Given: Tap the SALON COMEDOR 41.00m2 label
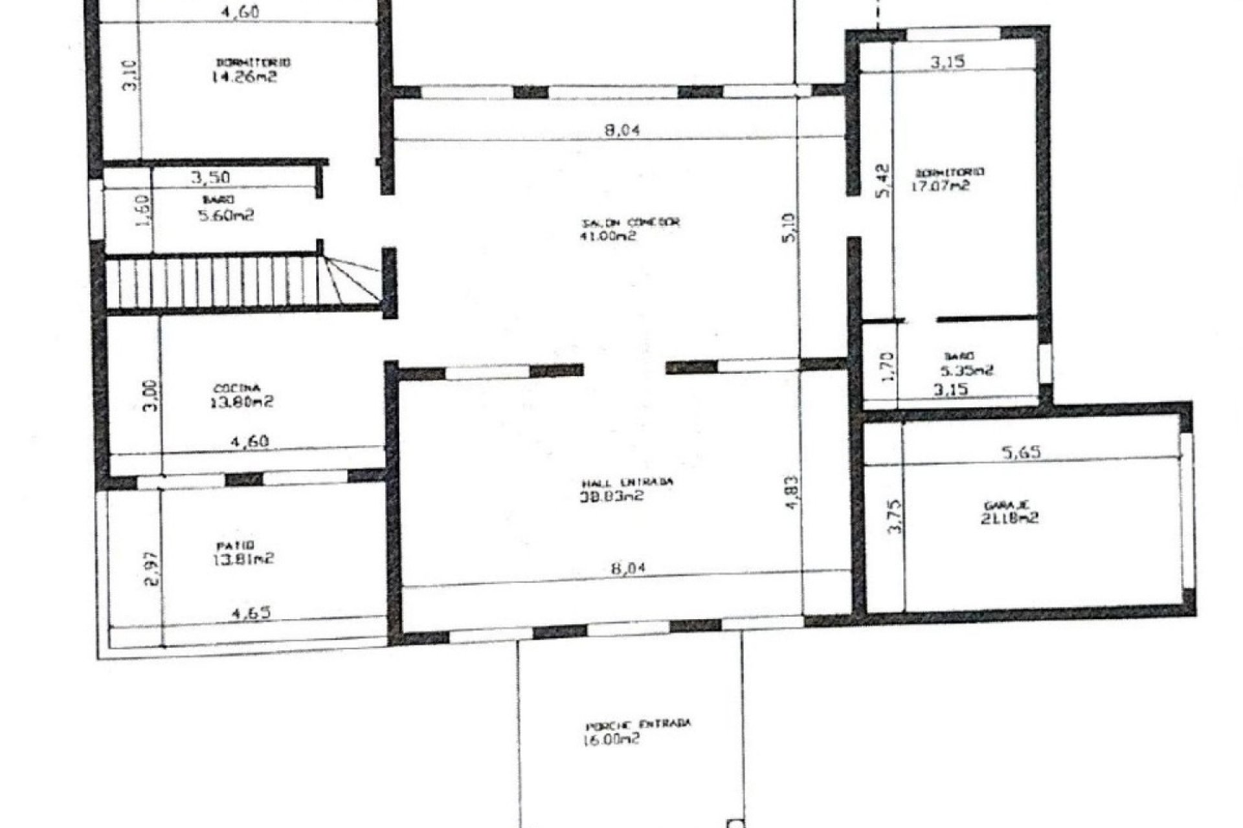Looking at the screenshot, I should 628,229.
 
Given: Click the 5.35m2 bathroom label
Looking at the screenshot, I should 965,364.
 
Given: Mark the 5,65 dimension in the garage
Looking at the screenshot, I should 1021,452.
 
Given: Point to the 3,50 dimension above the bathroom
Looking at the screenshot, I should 210,177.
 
